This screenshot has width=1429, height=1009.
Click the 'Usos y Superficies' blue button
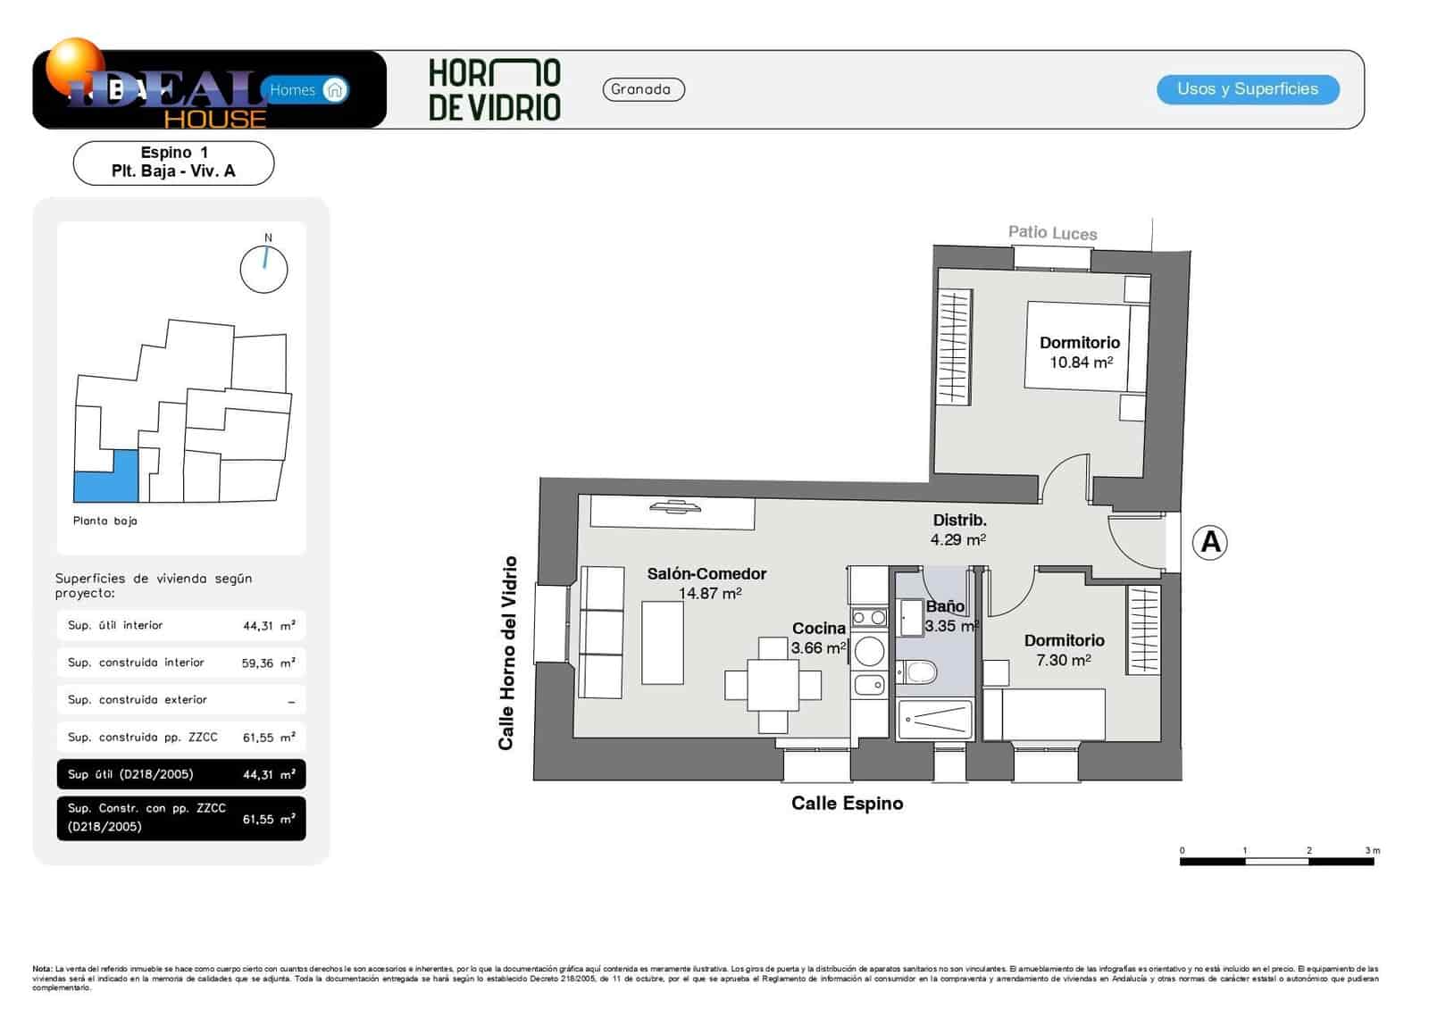(1248, 89)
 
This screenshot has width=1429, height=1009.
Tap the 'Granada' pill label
(643, 89)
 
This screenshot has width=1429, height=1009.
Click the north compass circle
(264, 269)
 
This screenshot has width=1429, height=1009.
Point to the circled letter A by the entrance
(1210, 542)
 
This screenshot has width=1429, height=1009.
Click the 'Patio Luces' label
(1052, 233)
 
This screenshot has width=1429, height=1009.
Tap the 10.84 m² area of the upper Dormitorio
(1081, 363)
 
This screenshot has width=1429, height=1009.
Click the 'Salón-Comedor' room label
(706, 574)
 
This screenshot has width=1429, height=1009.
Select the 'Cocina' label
(818, 628)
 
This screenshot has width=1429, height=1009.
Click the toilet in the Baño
(917, 671)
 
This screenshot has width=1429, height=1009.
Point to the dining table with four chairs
(773, 685)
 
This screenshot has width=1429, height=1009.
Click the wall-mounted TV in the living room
(675, 508)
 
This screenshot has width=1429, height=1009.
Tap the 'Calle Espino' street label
(847, 804)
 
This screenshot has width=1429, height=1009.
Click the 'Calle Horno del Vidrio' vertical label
(507, 653)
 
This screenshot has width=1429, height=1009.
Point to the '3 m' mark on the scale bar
(1371, 851)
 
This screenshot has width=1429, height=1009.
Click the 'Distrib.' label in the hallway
(959, 520)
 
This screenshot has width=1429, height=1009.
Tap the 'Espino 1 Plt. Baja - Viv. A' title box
(173, 163)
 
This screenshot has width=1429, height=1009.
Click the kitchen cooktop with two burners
(868, 617)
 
